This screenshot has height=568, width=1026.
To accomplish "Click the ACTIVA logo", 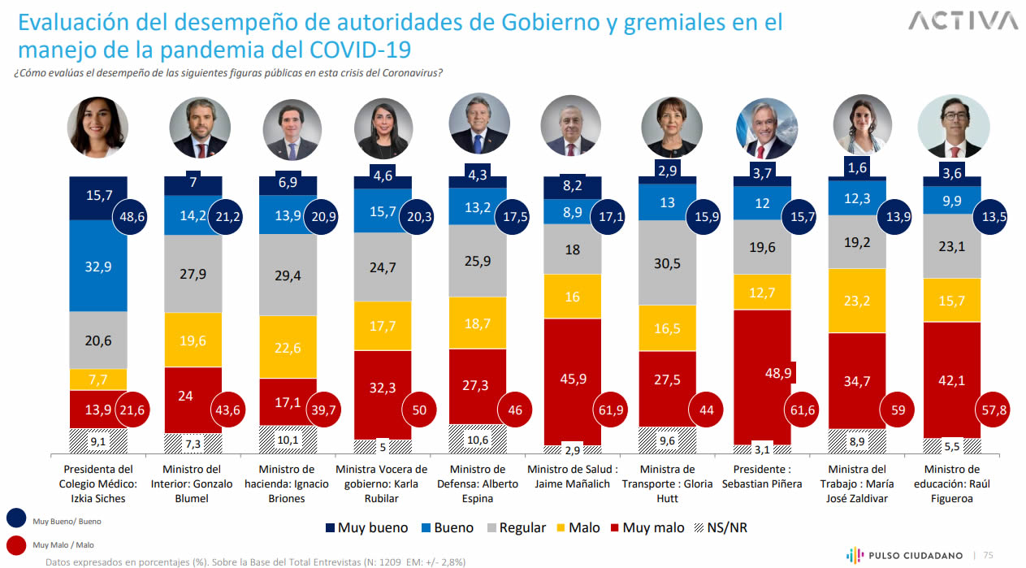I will [963, 21].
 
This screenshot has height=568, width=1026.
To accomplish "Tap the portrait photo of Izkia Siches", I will [98, 128].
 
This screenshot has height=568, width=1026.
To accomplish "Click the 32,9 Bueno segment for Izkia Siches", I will [98, 265].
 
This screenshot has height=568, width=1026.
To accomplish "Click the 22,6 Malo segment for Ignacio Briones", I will [288, 346].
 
